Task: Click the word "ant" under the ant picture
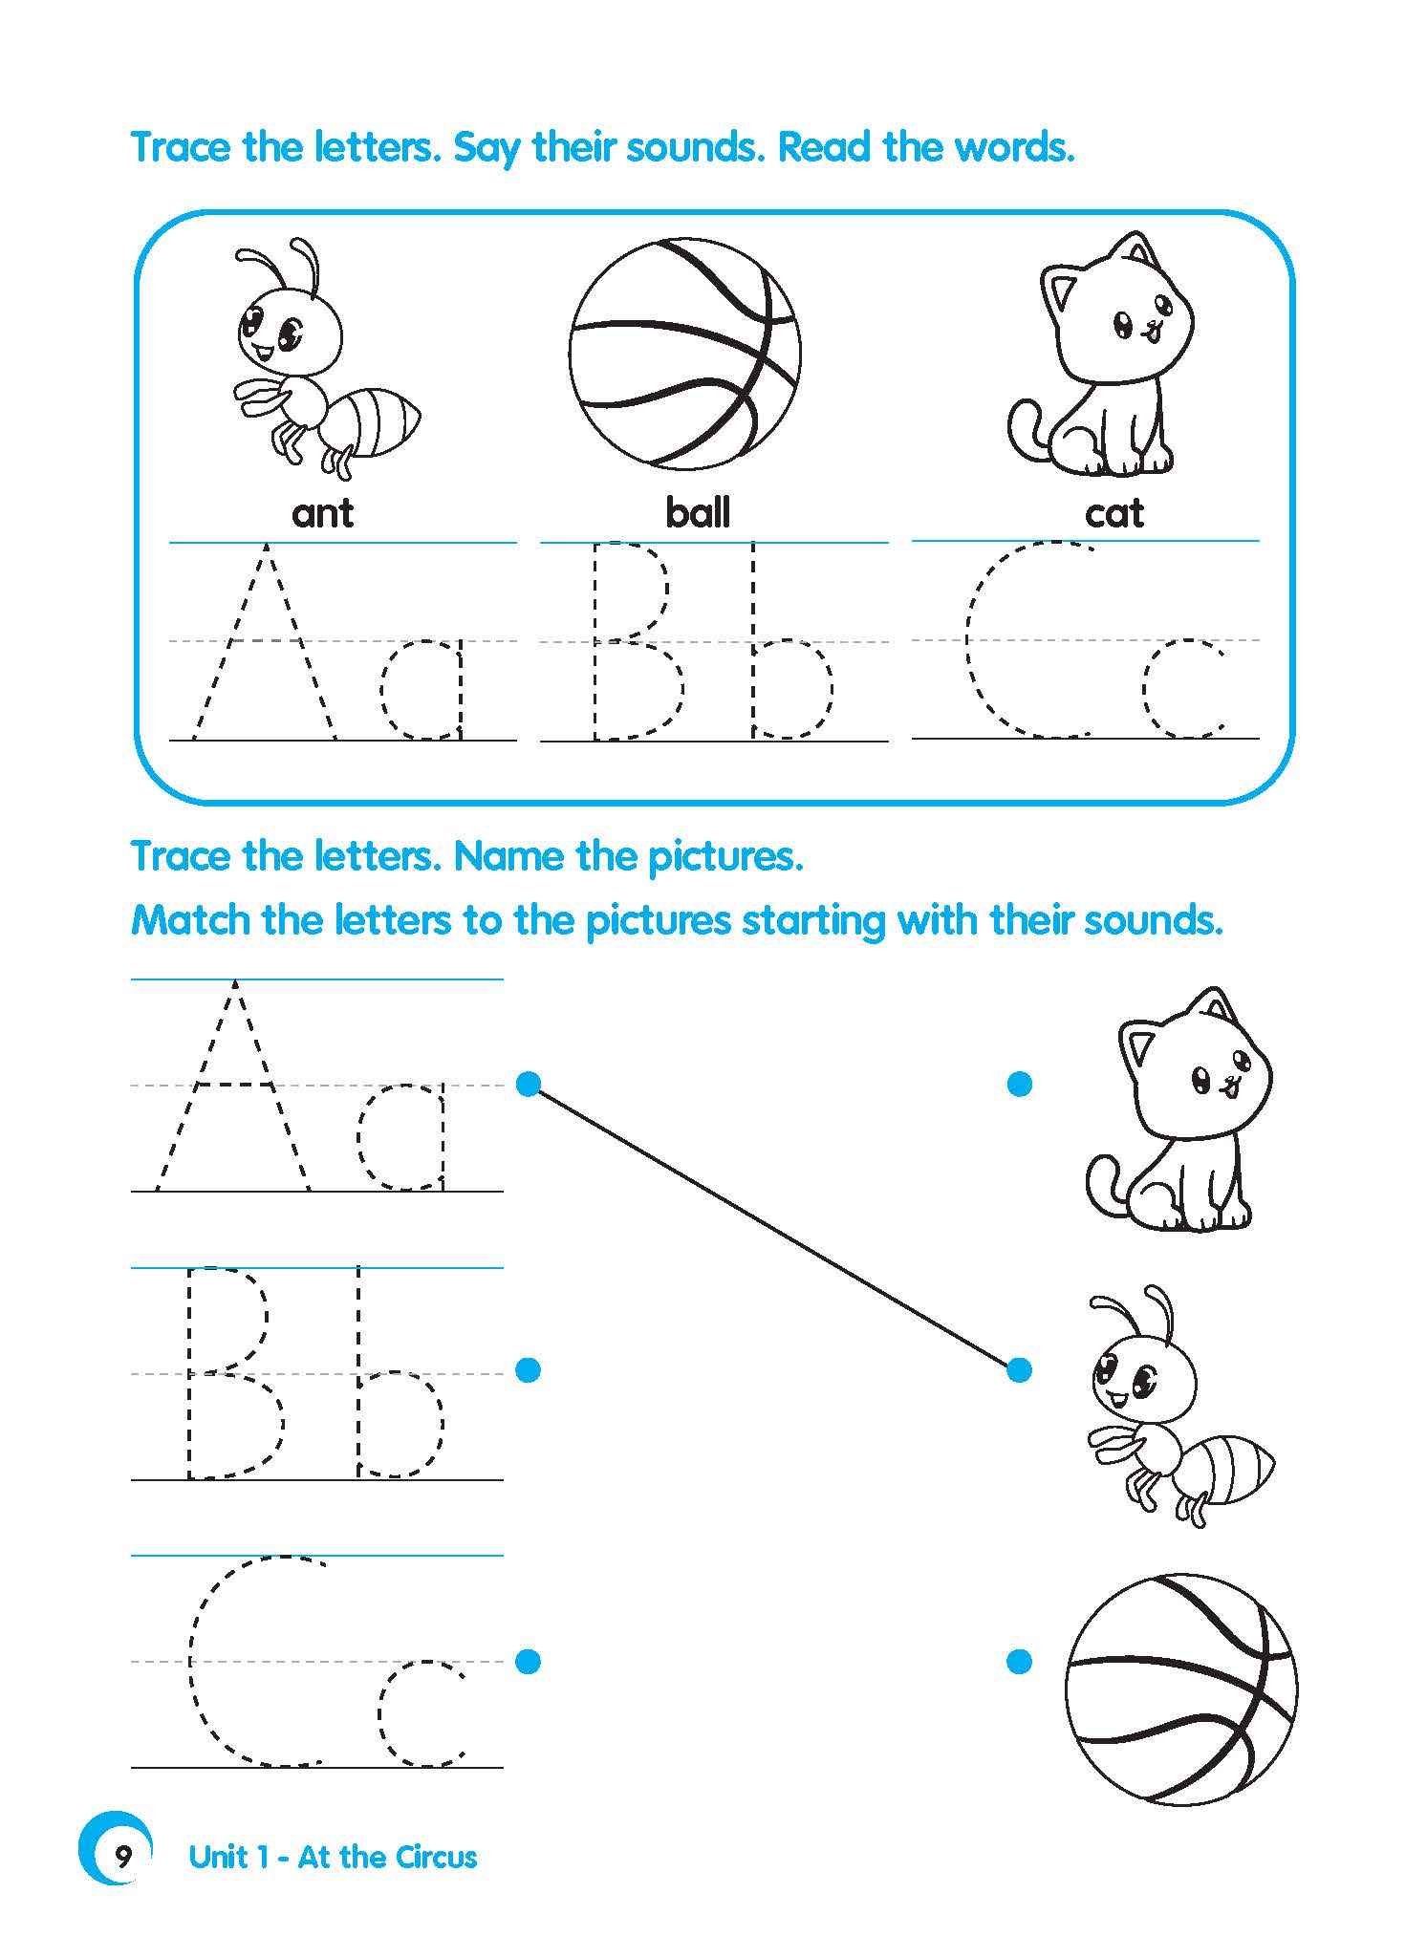pyautogui.click(x=322, y=513)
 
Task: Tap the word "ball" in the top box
pyautogui.click(x=698, y=513)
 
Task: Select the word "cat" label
pyautogui.click(x=1113, y=514)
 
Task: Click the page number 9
pyautogui.click(x=123, y=1858)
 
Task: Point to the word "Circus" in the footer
pyautogui.click(x=434, y=1857)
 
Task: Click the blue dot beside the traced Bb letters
pyautogui.click(x=528, y=1369)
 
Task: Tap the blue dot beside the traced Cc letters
pyautogui.click(x=528, y=1661)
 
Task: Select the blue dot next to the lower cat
pyautogui.click(x=1019, y=1084)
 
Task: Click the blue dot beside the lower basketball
pyautogui.click(x=1019, y=1662)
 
